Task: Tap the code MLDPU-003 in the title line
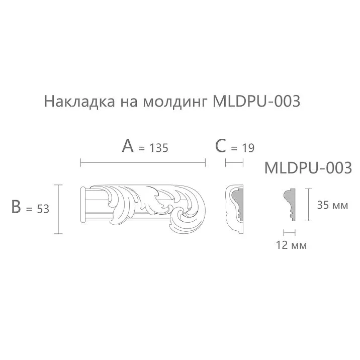pyautogui.click(x=256, y=102)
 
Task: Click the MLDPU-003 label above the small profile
pyautogui.click(x=308, y=167)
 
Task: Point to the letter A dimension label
pyautogui.click(x=128, y=146)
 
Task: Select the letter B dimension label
pyautogui.click(x=16, y=207)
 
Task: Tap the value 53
pyautogui.click(x=43, y=209)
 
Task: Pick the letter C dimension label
pyautogui.click(x=220, y=146)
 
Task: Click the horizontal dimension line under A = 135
pyautogui.click(x=143, y=162)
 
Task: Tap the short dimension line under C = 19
pyautogui.click(x=234, y=162)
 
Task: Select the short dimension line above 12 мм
pyautogui.click(x=289, y=232)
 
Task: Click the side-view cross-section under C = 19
pyautogui.click(x=234, y=209)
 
